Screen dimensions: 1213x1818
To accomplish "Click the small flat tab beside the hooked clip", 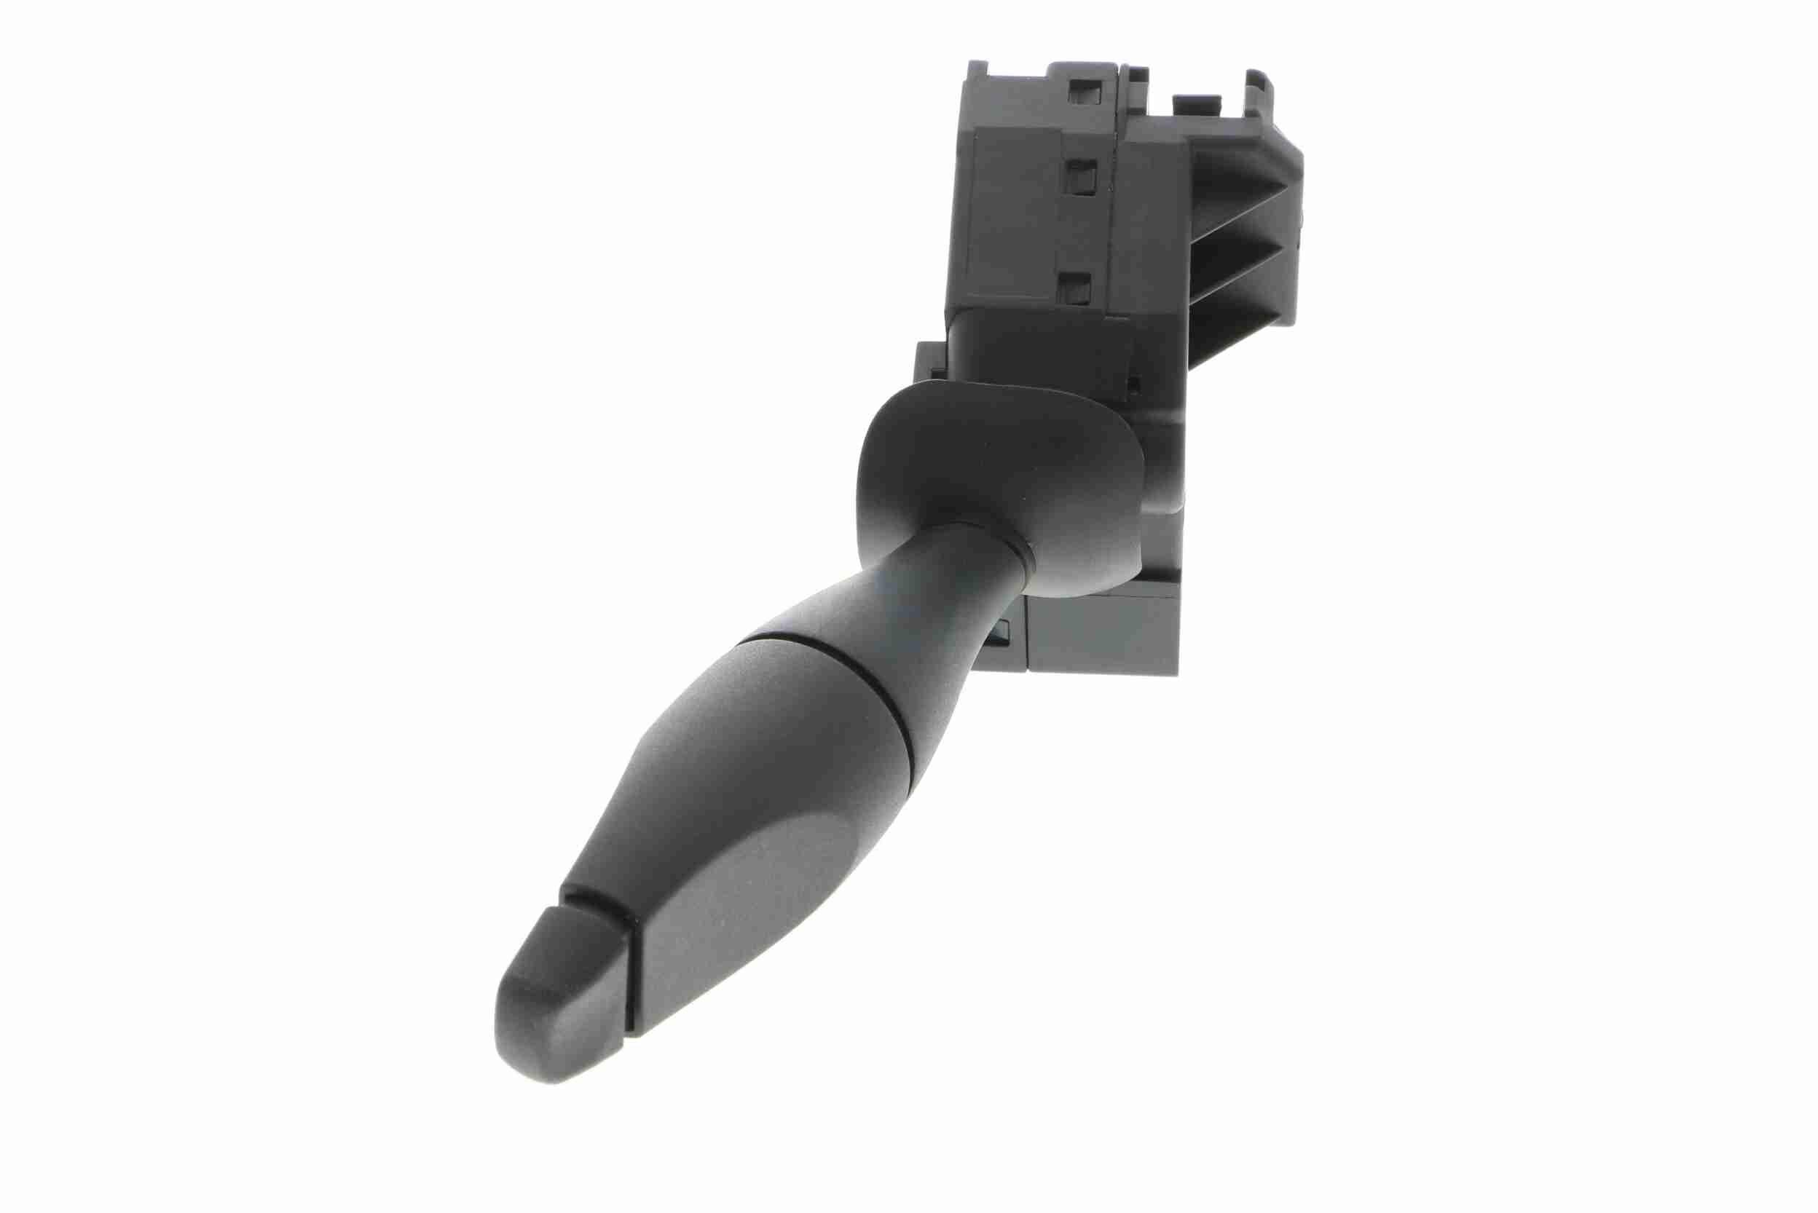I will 1196,102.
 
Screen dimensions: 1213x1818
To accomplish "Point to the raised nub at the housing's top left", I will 980,70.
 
